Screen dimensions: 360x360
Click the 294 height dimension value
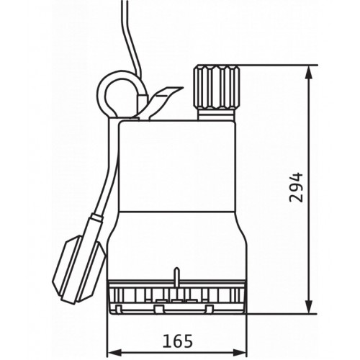pos(297,187)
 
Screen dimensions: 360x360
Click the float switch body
pos(78,270)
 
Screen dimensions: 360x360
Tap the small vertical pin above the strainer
pos(176,276)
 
